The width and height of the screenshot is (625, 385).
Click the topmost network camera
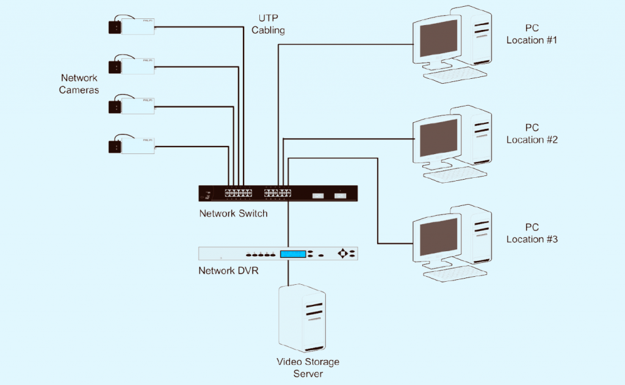click(x=131, y=26)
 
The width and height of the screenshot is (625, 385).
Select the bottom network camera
click(x=131, y=145)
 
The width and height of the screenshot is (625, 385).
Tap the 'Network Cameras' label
click(x=79, y=84)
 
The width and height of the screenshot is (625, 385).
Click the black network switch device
click(x=278, y=193)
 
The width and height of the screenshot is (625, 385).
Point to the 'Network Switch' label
click(x=233, y=214)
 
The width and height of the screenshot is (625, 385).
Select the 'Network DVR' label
click(x=228, y=270)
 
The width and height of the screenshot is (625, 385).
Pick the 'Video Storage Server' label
click(x=308, y=367)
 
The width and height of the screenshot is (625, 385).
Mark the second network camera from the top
click(x=131, y=65)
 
